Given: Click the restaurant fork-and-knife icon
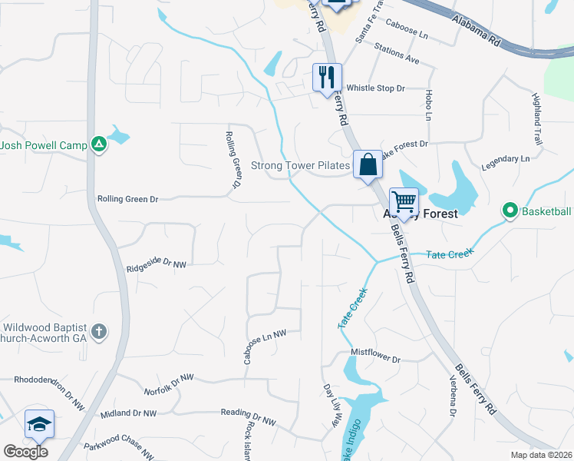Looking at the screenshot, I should click(327, 77).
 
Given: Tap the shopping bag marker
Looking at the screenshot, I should click(368, 164).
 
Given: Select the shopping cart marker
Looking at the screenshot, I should click(404, 202).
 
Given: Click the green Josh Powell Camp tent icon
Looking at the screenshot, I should click(98, 144).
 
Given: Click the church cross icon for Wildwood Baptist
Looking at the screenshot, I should click(98, 332).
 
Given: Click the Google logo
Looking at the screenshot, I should click(25, 452).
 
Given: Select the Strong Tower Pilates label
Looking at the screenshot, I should click(301, 165).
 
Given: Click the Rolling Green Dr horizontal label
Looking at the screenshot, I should click(127, 199).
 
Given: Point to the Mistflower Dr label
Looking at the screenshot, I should click(376, 359).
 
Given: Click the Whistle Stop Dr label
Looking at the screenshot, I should click(375, 88).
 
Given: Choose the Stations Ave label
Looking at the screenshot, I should click(397, 59).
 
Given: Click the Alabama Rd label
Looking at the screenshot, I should click(475, 30).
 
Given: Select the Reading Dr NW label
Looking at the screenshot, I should click(248, 420).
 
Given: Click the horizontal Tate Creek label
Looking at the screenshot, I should click(450, 253).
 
